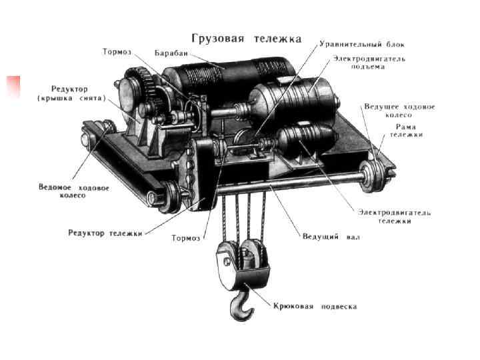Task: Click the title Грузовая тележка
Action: pos(247,37)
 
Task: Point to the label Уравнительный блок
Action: pos(361,45)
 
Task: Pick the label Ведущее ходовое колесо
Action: pos(399,110)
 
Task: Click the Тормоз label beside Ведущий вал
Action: pos(185,237)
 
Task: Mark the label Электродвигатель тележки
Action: pos(394,216)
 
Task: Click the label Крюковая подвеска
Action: pos(314,307)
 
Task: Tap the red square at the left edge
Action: pos(13,88)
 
